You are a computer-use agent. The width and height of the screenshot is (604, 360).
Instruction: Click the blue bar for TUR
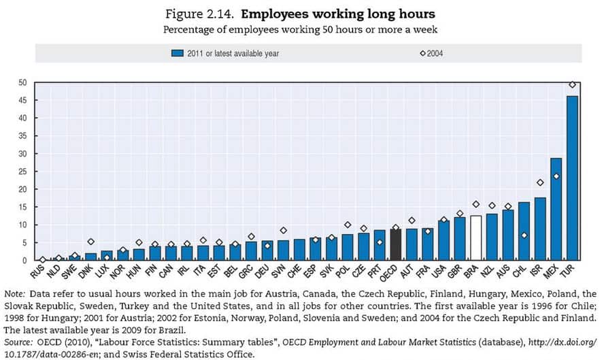(572, 178)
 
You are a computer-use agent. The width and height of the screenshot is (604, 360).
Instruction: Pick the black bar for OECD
(395, 245)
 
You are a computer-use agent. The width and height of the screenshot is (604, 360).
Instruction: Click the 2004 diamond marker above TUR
(572, 84)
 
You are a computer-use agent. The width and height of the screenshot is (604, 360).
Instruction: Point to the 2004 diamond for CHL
(524, 235)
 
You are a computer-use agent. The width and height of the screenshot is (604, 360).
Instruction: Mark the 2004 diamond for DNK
(90, 242)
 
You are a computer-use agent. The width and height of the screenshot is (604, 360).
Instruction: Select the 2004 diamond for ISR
(540, 182)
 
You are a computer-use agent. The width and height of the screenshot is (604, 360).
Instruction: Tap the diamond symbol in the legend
(422, 52)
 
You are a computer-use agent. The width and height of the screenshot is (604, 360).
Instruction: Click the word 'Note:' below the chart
(17, 295)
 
